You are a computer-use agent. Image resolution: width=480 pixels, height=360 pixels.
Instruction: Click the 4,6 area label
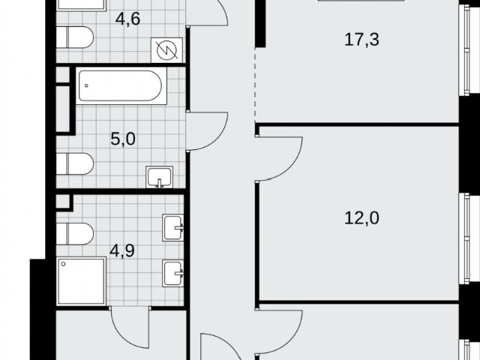coord(127,19)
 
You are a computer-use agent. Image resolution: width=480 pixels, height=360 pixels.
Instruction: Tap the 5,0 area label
coord(123,139)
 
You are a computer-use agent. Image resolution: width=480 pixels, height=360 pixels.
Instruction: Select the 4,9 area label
coord(122,251)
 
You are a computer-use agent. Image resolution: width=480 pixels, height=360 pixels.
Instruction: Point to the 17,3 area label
coord(361,40)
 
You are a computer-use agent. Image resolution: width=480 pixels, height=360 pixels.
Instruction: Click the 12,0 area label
coord(361,218)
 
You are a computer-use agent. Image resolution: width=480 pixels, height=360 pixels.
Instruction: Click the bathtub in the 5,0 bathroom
coord(121,86)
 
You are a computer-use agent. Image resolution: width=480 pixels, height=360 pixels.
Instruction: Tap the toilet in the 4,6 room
coord(75,37)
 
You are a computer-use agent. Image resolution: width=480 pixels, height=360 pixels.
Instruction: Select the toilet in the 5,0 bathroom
coord(75,163)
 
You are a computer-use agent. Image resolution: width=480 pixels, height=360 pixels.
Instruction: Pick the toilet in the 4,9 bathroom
coord(75,234)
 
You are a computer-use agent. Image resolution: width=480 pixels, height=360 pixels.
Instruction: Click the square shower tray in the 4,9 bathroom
coord(81,281)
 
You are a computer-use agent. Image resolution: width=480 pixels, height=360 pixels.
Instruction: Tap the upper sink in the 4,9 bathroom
coord(173,228)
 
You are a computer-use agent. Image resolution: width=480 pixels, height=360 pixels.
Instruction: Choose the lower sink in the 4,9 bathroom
coord(173,273)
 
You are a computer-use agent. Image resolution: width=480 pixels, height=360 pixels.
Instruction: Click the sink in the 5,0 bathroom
coord(159,177)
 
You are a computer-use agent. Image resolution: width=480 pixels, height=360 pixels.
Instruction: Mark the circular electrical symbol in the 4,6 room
coord(166,50)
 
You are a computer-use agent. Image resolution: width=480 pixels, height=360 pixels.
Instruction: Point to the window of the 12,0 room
coord(466,238)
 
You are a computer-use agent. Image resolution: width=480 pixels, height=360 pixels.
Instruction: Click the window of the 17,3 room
coord(466,50)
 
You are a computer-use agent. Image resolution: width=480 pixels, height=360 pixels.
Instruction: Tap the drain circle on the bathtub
coord(87,85)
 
